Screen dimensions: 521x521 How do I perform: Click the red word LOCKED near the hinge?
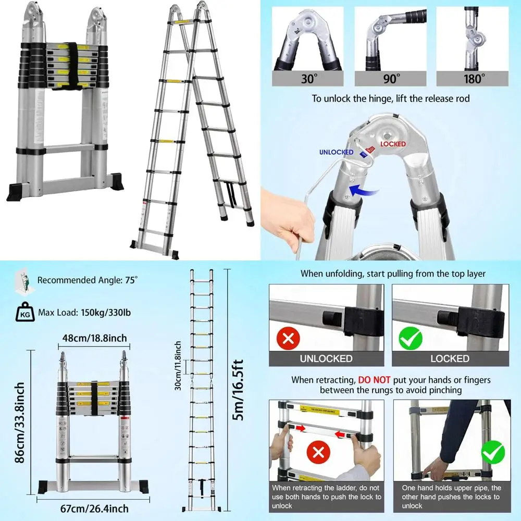point(393,144)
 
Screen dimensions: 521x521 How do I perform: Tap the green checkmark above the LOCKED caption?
point(411,339)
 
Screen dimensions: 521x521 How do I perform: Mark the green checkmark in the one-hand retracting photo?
point(493,452)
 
